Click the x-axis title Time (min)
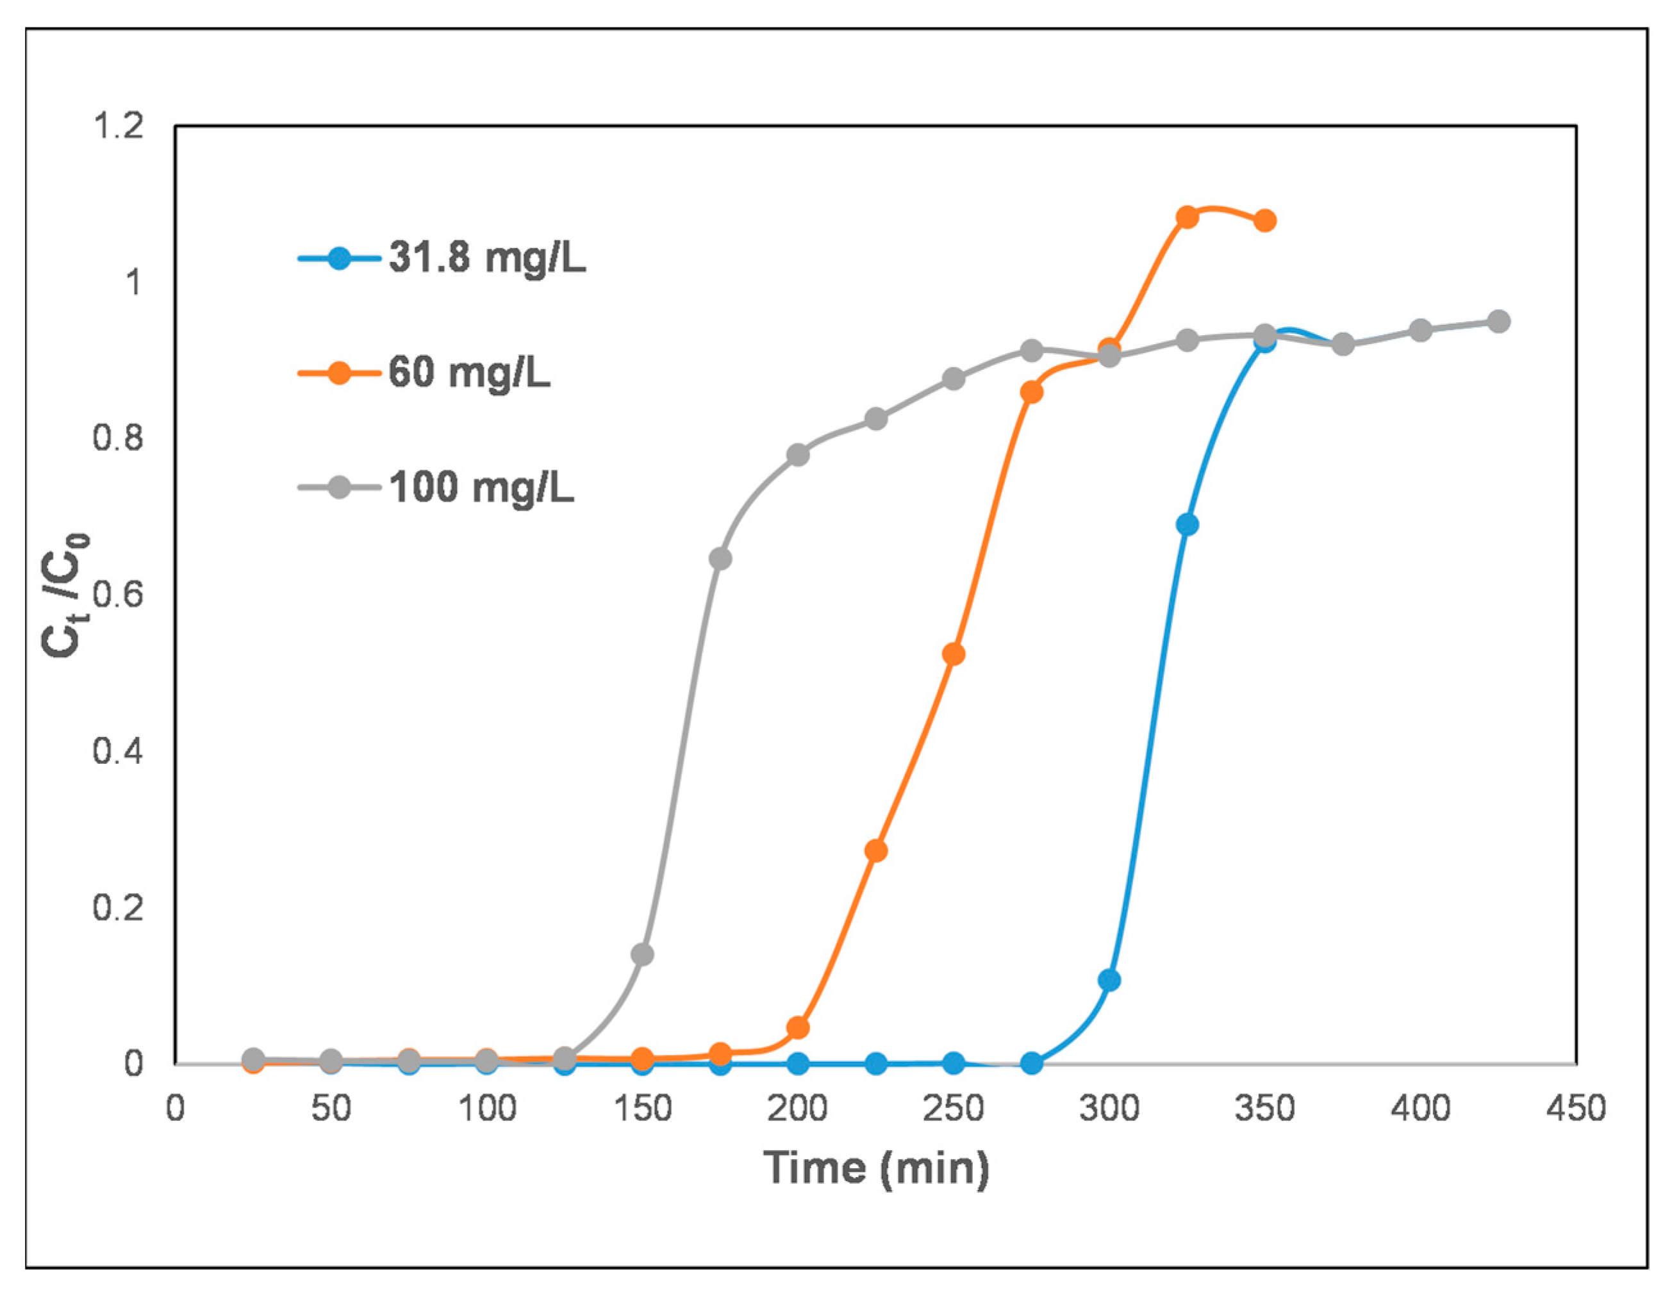(876, 1168)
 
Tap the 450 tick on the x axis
(1575, 1109)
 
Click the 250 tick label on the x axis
(953, 1109)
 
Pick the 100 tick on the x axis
(487, 1109)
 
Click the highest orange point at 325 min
(1187, 217)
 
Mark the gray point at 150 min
(642, 955)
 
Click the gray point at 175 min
(720, 559)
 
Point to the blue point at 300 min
(1109, 980)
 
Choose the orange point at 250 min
(953, 655)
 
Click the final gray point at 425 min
(1498, 322)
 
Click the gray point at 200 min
(798, 456)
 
